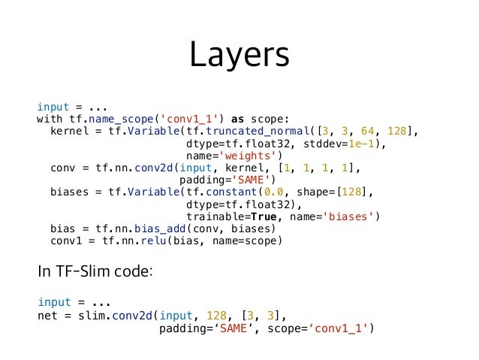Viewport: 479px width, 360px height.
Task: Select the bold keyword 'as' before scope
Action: [238, 119]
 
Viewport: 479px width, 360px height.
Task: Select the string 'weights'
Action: [249, 156]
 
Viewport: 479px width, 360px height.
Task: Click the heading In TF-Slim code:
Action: [95, 271]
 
